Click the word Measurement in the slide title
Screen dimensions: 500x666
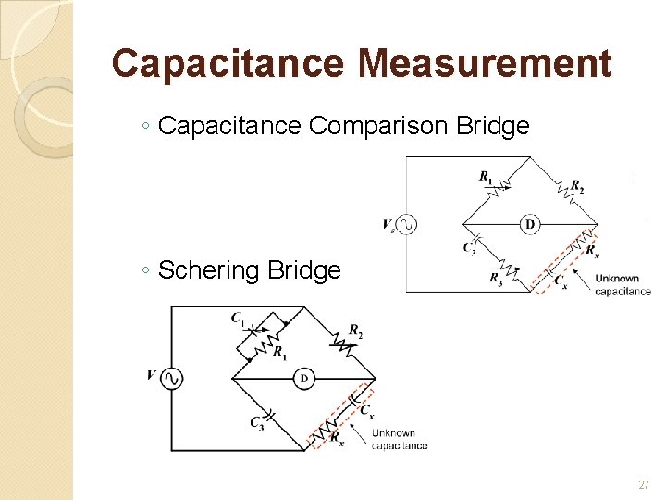click(485, 64)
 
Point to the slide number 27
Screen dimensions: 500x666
click(644, 484)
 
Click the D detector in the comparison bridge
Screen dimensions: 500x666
click(530, 224)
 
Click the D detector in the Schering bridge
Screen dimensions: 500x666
click(303, 378)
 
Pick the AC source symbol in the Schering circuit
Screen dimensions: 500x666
click(171, 378)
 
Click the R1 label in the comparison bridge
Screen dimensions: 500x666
click(486, 176)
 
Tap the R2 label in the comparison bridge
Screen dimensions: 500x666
click(577, 185)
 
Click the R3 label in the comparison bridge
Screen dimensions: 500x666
click(497, 277)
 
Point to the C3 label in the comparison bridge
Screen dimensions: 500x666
click(469, 247)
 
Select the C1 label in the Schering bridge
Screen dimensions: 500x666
click(239, 319)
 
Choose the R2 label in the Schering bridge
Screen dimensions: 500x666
click(355, 331)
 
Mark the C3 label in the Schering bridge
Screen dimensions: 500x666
click(256, 423)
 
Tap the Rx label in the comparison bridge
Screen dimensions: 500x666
click(593, 252)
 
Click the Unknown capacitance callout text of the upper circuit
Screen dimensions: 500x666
click(623, 285)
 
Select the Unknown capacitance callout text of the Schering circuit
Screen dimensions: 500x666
click(400, 439)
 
